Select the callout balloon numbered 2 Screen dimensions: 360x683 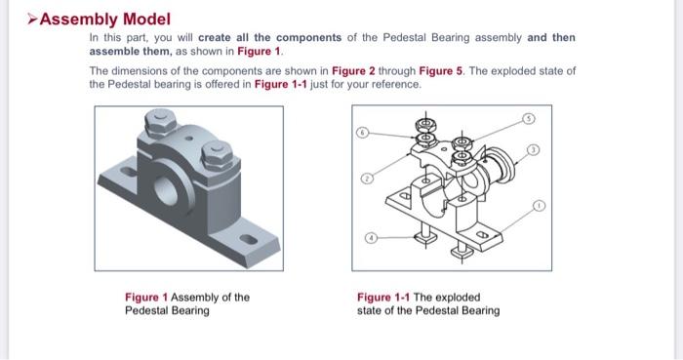(x=367, y=180)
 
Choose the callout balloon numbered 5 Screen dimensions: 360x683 (x=530, y=117)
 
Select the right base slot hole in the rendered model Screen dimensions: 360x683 (x=250, y=238)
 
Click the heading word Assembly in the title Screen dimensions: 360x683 (x=76, y=19)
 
